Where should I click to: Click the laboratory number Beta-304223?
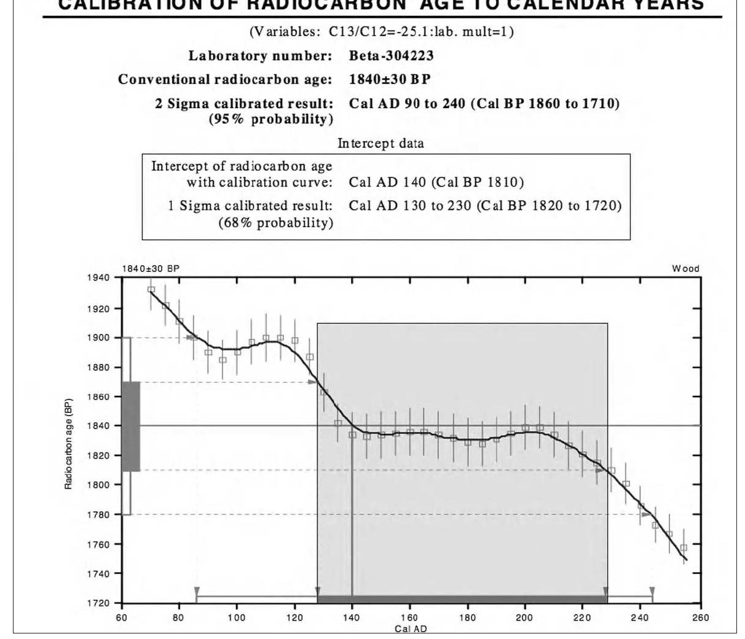coord(391,56)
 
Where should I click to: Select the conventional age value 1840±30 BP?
coord(390,79)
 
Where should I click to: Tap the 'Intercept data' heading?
coord(380,144)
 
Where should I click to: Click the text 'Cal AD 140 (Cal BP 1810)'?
coord(436,182)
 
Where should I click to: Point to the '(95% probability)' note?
coord(271,119)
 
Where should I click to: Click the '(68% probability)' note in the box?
coord(276,223)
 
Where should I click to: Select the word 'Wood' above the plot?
coord(685,269)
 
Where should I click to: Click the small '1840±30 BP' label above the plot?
coord(151,269)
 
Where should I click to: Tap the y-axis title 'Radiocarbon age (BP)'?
coord(68,444)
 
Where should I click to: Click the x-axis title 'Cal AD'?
coord(410,629)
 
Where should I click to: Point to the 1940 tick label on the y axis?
coord(98,278)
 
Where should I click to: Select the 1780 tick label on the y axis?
coord(98,514)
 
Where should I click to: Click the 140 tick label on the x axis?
coord(352,618)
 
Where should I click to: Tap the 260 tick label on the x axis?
coord(701,618)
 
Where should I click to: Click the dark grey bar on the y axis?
coord(131,426)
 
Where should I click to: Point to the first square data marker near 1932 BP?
coord(151,289)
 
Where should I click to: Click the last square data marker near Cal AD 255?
coord(684,548)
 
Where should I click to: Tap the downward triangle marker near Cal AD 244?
coord(652,591)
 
